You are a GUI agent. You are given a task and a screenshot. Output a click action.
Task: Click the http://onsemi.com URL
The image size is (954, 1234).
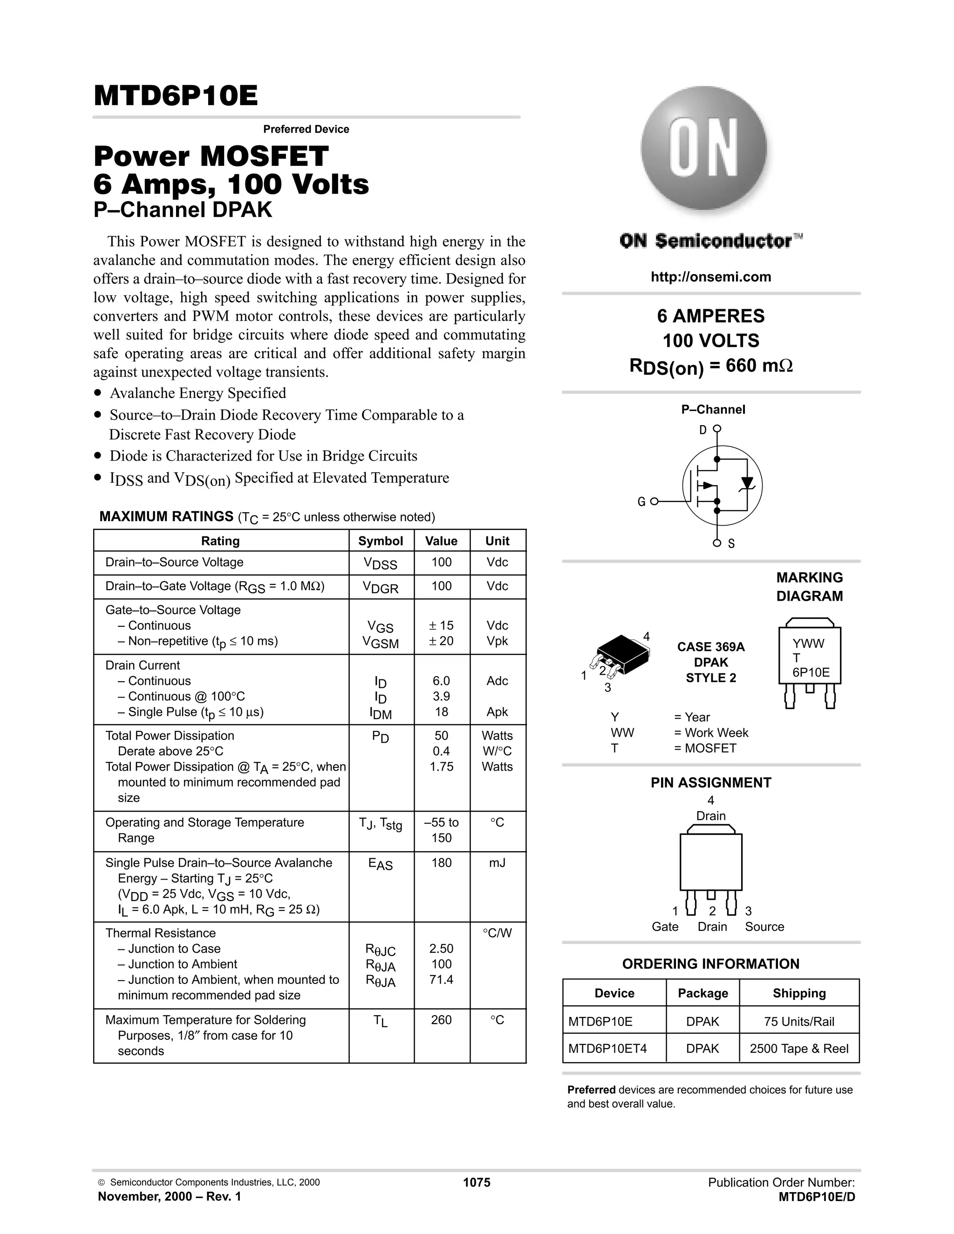pos(710,277)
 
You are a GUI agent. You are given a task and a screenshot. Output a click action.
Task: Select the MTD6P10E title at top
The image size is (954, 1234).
pos(176,95)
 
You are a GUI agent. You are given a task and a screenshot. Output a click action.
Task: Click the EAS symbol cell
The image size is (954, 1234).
pos(381,864)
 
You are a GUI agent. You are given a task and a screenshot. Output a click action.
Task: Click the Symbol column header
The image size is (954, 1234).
pos(381,541)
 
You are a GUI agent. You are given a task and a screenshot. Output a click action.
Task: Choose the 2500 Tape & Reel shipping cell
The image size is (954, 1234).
pos(798,1049)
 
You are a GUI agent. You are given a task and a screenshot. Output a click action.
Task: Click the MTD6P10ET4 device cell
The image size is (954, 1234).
pos(607,1049)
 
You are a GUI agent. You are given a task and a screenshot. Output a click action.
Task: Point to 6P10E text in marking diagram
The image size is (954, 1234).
pos(811,672)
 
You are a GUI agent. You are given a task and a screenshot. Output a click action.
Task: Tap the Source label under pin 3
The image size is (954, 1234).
pos(764,927)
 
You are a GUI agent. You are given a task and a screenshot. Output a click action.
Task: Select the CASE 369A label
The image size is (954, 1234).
pos(710,647)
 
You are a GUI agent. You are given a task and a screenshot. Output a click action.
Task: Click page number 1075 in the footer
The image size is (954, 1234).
pos(477,1183)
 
